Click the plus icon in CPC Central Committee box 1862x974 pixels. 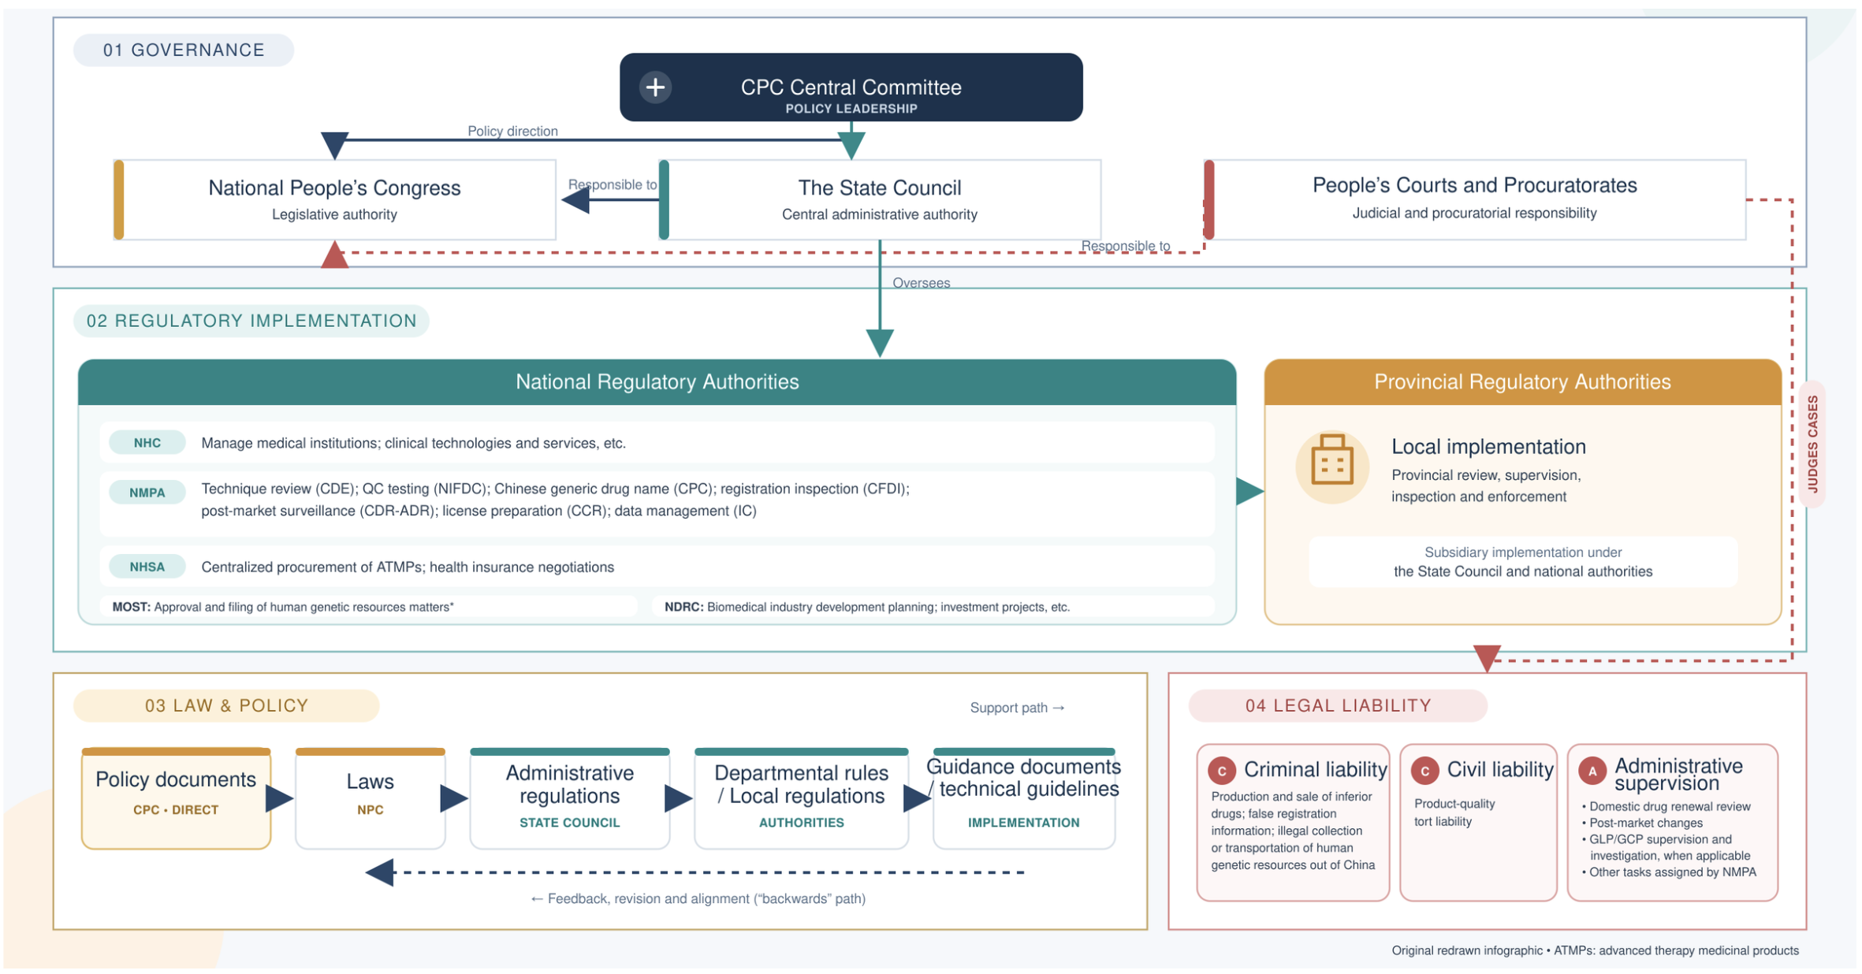coord(655,87)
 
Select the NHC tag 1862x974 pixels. coord(147,443)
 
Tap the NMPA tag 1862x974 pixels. coord(147,493)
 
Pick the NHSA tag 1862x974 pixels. coord(147,567)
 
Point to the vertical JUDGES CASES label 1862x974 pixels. coord(1812,444)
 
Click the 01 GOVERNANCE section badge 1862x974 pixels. coord(184,50)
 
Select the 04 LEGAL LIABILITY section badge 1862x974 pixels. coord(1338,705)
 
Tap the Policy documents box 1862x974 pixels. coord(176,797)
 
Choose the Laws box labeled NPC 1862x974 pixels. coord(371,797)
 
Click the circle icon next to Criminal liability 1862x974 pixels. coord(1222,770)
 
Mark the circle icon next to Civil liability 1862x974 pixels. coord(1424,770)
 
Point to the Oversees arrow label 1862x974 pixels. coord(921,283)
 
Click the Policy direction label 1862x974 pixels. coord(512,131)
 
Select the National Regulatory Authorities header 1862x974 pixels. coord(657,382)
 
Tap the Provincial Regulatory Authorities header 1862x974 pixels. coord(1522,382)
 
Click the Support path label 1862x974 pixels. coord(1017,708)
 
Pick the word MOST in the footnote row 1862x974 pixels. coord(131,607)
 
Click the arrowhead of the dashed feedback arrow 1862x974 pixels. coord(380,872)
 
